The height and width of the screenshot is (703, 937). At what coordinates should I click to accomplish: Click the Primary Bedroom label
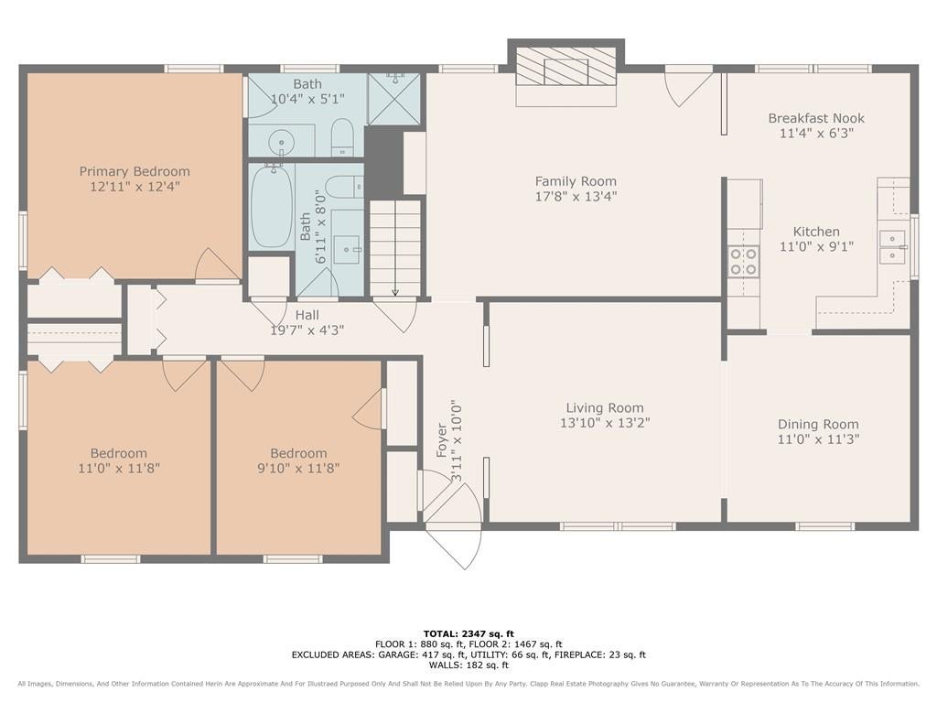pyautogui.click(x=135, y=171)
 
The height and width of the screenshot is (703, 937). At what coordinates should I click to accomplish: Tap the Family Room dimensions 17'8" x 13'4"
pyautogui.click(x=576, y=196)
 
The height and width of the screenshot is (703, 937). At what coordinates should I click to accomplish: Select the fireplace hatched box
pyautogui.click(x=565, y=66)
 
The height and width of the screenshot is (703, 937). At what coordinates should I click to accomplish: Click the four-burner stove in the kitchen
pyautogui.click(x=743, y=262)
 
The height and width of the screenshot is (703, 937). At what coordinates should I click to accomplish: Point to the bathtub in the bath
pyautogui.click(x=271, y=206)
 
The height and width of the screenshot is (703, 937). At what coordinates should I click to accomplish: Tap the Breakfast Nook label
pyautogui.click(x=816, y=118)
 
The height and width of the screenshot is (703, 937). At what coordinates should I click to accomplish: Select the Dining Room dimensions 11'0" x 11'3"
pyautogui.click(x=818, y=439)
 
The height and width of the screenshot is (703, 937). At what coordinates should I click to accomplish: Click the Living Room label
pyautogui.click(x=605, y=407)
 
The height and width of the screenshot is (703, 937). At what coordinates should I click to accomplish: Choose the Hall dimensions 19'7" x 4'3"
pyautogui.click(x=307, y=330)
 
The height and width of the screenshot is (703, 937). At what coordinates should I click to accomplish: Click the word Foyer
pyautogui.click(x=442, y=440)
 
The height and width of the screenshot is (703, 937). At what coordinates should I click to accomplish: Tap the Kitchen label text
pyautogui.click(x=816, y=232)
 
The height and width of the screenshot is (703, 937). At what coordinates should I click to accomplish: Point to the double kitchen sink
pyautogui.click(x=893, y=247)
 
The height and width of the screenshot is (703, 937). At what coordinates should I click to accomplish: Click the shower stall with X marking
pyautogui.click(x=393, y=99)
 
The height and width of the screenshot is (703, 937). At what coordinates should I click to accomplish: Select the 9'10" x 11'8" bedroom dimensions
pyautogui.click(x=299, y=468)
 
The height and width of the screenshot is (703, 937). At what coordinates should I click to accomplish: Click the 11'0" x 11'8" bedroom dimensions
pyautogui.click(x=119, y=468)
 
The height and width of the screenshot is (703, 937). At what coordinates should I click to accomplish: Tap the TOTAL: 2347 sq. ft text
pyautogui.click(x=468, y=633)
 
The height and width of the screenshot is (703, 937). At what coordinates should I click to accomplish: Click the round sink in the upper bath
pyautogui.click(x=280, y=142)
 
